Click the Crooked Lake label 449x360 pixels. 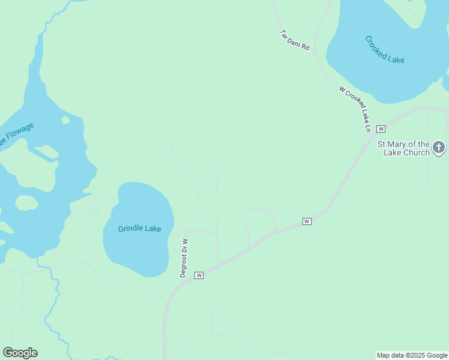[x=385, y=50]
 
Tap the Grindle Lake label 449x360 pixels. [x=140, y=229]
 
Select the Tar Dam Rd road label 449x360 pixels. [x=294, y=40]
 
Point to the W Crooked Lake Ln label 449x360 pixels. [x=355, y=109]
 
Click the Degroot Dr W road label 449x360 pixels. [x=184, y=257]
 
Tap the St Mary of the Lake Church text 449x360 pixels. [x=403, y=148]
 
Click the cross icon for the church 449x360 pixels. [x=439, y=147]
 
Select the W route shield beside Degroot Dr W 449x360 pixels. [x=199, y=275]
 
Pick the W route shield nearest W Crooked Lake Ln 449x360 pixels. [x=381, y=128]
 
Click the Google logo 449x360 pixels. [x=20, y=353]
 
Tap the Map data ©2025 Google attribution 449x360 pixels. [x=412, y=355]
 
